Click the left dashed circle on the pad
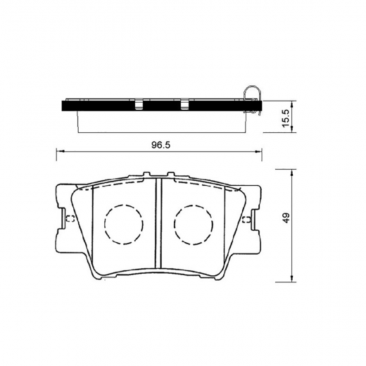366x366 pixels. point(124,224)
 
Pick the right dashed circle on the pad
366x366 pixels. point(194,224)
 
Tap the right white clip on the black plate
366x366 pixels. point(185,106)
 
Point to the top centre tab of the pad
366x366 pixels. point(159,175)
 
